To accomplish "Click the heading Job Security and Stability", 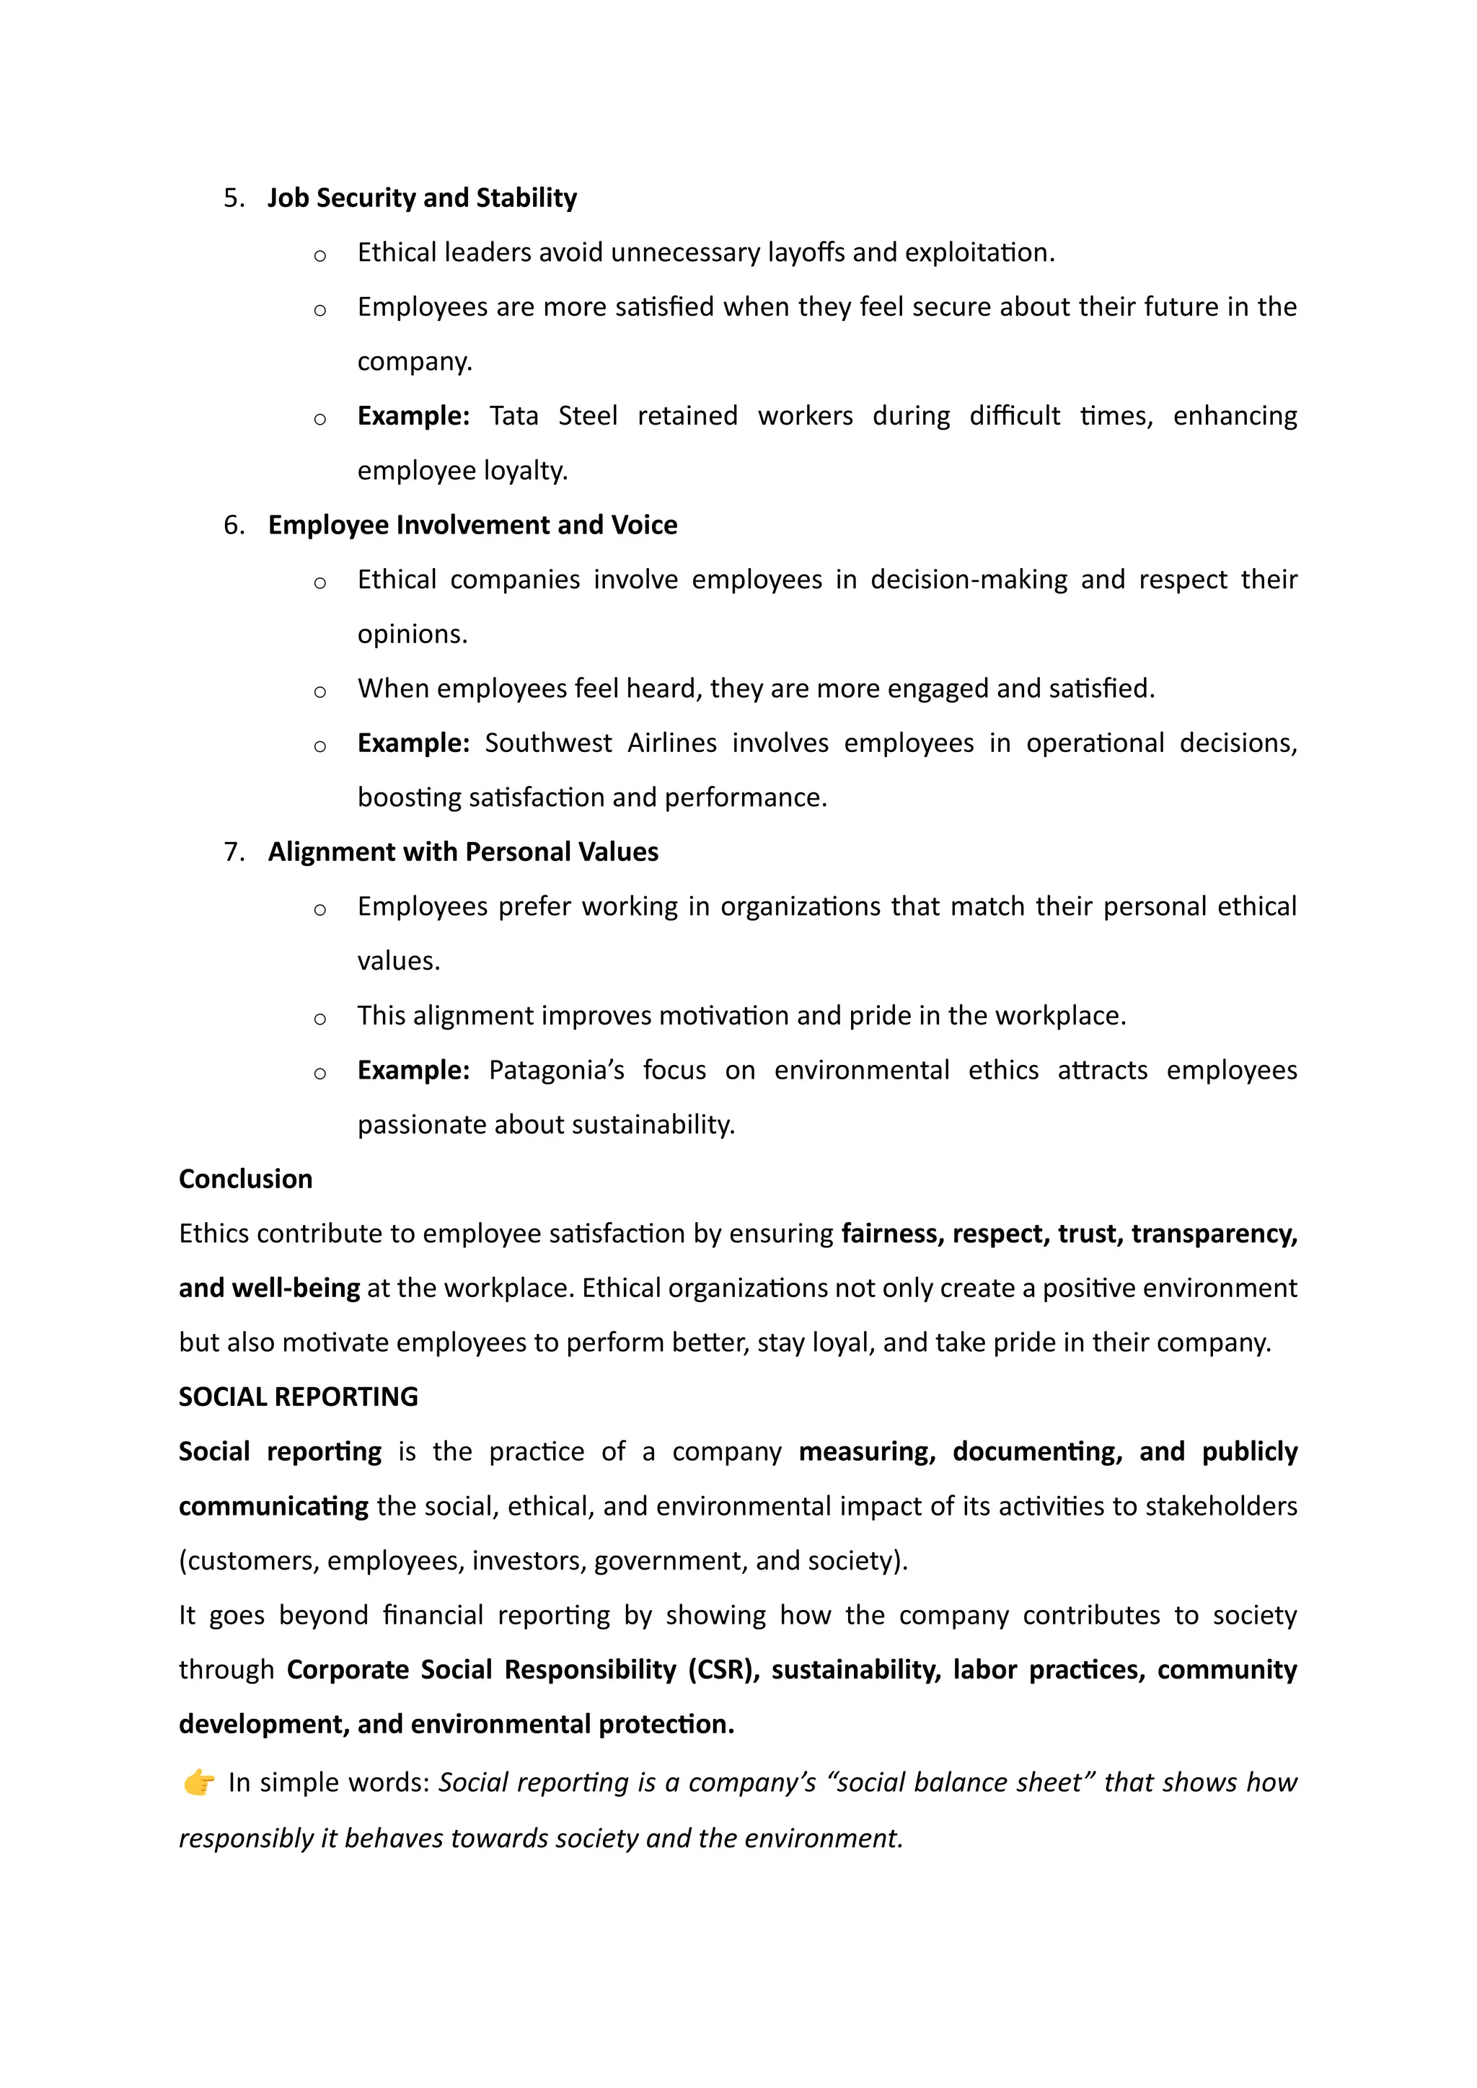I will coord(422,198).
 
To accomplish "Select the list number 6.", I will coord(234,526).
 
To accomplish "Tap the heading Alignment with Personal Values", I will coord(463,852).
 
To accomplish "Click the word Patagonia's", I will coord(556,1071).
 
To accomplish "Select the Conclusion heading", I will coord(245,1180).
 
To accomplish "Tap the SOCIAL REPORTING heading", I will coord(299,1397).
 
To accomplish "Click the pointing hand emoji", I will coord(198,1782).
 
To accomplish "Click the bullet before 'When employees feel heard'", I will coord(319,692).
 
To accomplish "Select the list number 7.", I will coord(234,852).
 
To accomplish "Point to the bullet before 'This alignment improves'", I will coord(319,1019).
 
